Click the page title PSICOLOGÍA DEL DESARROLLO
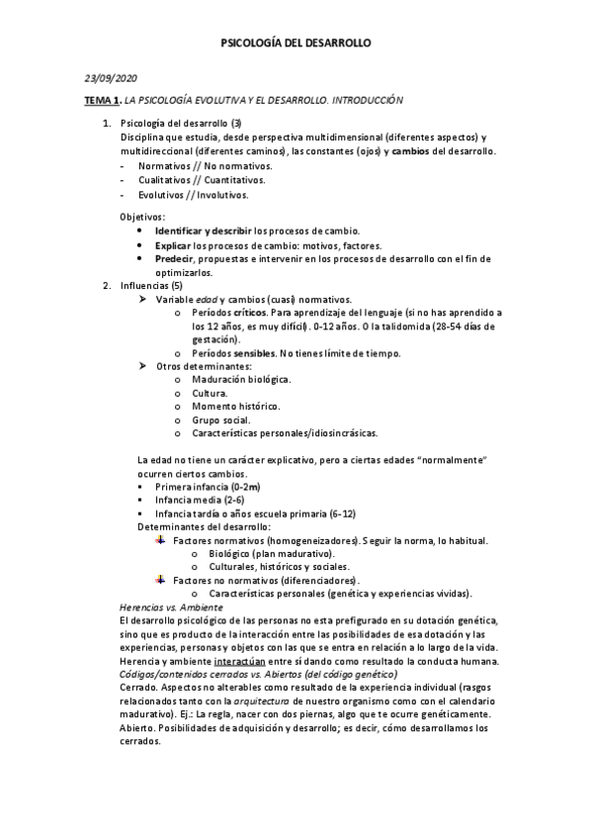[296, 44]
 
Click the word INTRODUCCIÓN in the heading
[368, 101]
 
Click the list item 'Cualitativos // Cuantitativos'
[192, 180]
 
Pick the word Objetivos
[142, 216]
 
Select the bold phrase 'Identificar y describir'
[204, 230]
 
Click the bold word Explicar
[174, 244]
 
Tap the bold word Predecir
[176, 258]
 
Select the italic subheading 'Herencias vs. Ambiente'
[170, 606]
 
